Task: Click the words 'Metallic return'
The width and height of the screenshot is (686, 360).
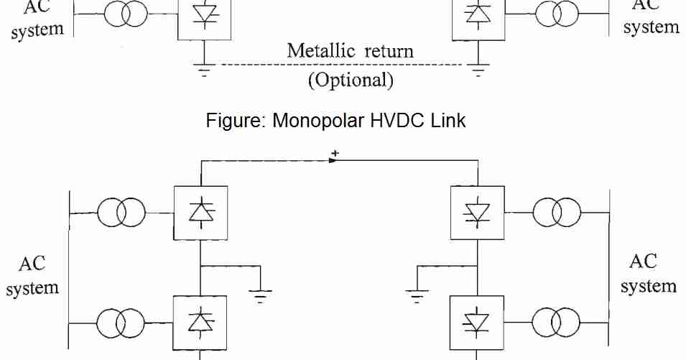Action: point(350,52)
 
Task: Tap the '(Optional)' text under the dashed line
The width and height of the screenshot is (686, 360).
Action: point(351,80)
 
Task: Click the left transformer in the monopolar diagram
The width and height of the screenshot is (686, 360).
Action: point(126,14)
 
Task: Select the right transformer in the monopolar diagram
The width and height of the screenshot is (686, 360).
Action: point(557,14)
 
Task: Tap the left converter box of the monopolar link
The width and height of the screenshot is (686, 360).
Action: point(205,16)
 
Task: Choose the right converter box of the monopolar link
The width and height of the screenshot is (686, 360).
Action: point(476,16)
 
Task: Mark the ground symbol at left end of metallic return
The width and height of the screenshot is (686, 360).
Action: point(205,70)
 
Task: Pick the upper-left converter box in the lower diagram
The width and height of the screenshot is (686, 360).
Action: point(201,213)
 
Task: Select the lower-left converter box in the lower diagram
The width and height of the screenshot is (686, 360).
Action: point(201,322)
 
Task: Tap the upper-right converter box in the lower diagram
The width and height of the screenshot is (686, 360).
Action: point(477,213)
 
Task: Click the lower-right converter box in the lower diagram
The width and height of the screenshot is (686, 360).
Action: point(477,322)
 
